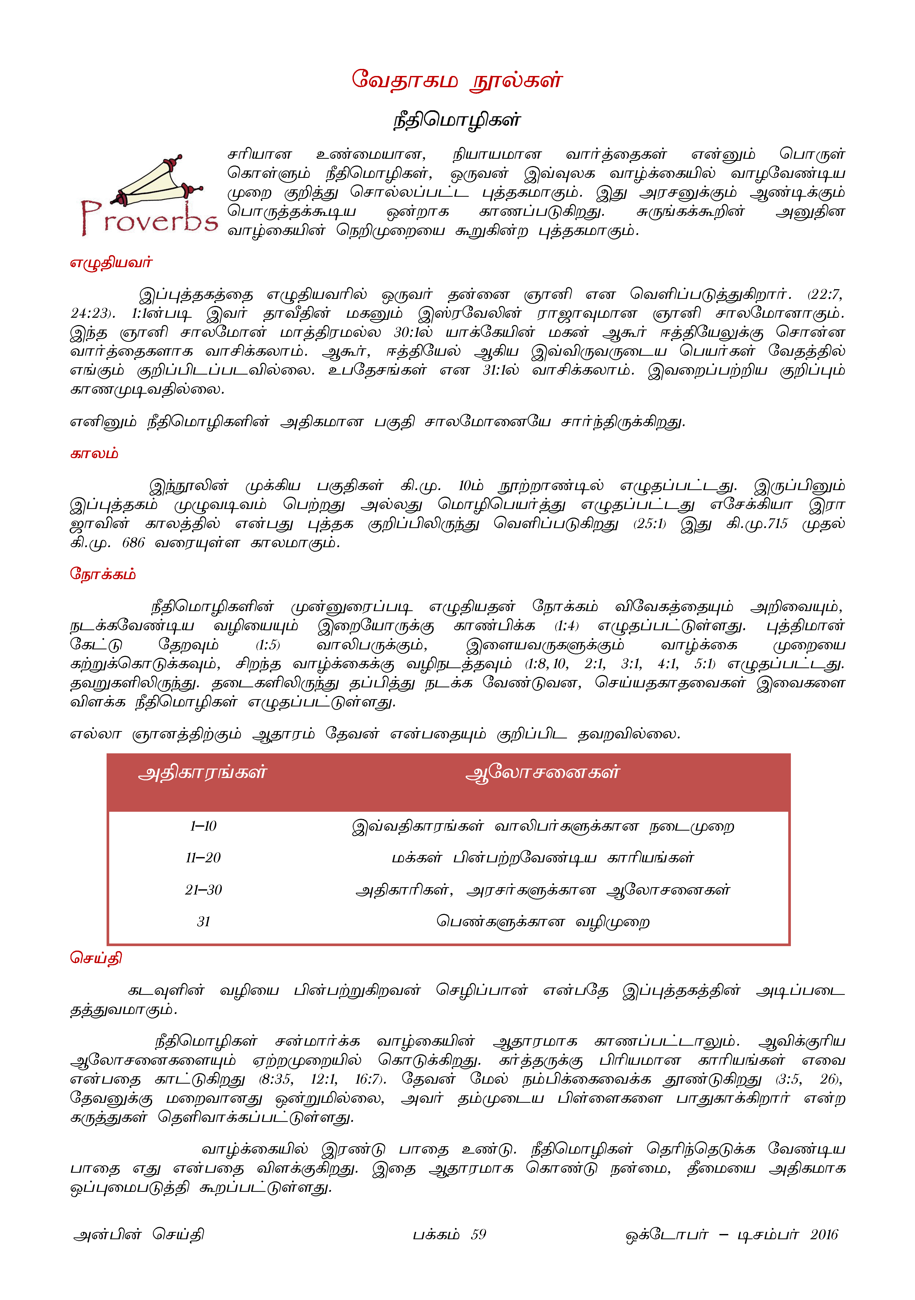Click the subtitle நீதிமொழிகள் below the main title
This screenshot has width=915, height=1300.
(x=457, y=120)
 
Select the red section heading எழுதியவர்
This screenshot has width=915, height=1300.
(x=111, y=263)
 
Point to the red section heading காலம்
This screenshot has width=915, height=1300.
(x=94, y=453)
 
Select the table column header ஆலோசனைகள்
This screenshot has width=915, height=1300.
(x=542, y=773)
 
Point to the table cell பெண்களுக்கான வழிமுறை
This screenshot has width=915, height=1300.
(x=542, y=922)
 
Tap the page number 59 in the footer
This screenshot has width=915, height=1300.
(x=478, y=1234)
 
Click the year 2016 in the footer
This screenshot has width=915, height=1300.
(x=823, y=1234)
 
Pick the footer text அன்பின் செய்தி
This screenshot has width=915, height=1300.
(x=139, y=1234)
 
